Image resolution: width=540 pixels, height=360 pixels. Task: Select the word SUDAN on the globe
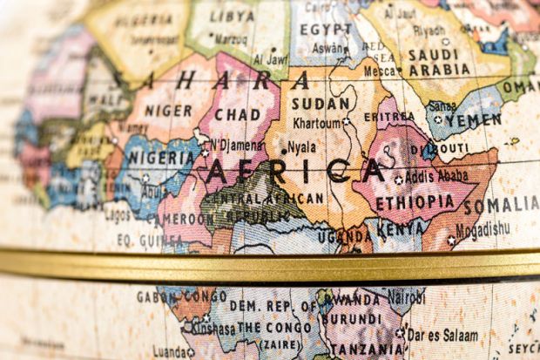[321, 103]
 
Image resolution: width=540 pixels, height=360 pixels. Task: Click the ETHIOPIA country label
[415, 201]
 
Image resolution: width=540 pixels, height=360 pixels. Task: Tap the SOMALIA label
[501, 206]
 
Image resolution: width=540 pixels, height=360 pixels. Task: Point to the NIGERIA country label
[160, 159]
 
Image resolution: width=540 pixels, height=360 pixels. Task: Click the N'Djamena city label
[237, 144]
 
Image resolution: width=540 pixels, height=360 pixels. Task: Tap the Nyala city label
[301, 146]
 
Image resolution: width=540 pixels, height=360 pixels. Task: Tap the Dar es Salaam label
[442, 334]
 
